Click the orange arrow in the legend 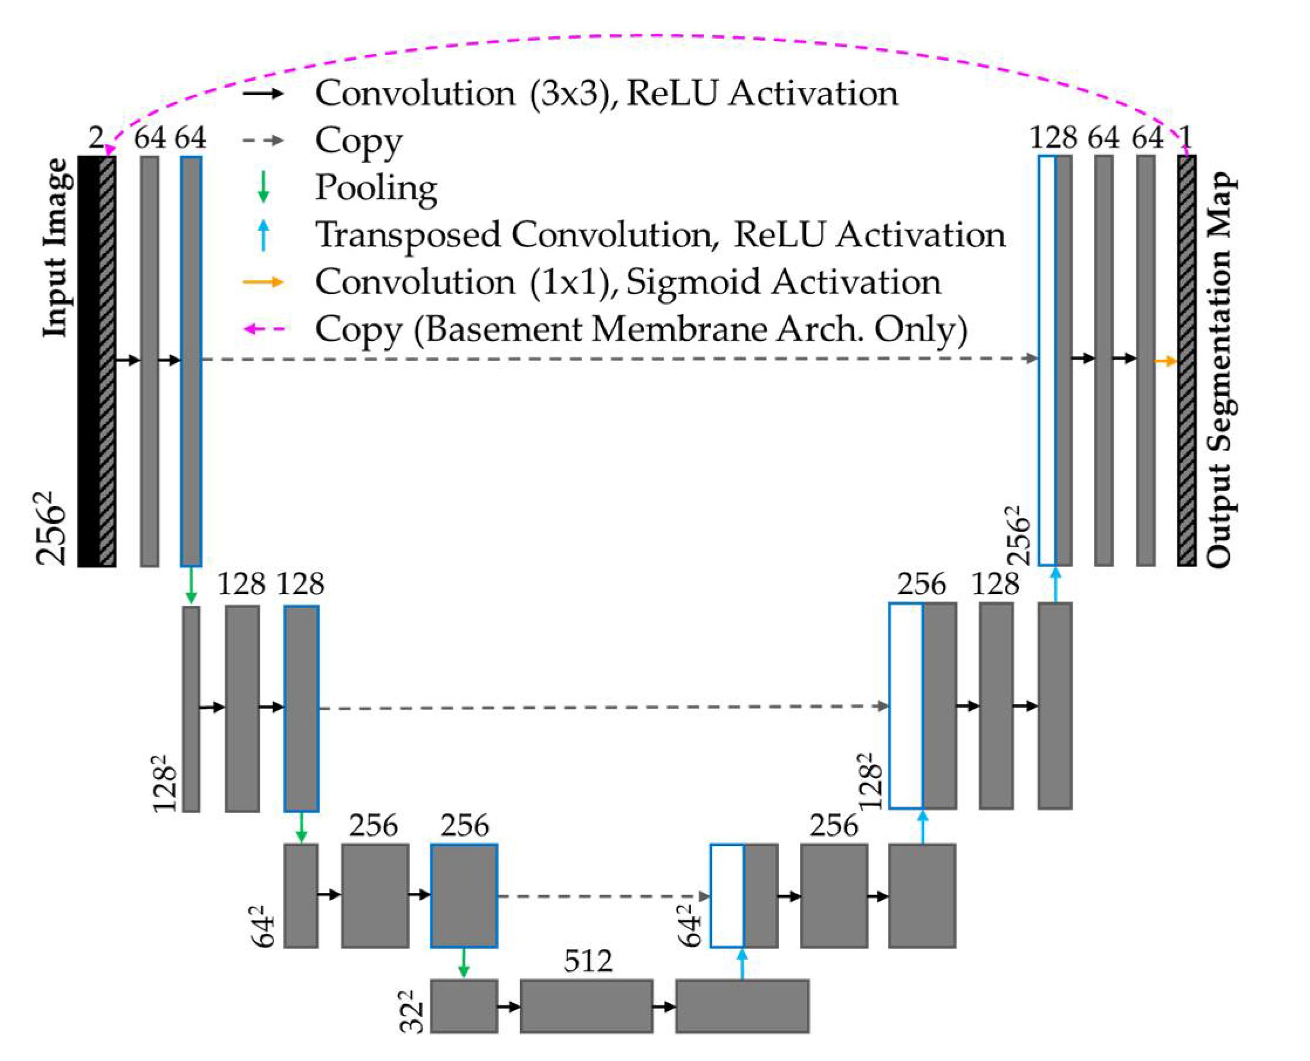263,282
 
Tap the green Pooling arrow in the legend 264,186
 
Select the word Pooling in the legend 376,187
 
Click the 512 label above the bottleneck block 587,961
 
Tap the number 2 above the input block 97,138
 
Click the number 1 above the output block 1185,138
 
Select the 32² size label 412,1012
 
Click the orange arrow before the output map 1165,361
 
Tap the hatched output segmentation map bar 1186,360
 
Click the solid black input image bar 88,360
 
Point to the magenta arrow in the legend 264,329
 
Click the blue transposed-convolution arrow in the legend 264,235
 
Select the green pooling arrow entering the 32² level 464,963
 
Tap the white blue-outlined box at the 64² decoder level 727,896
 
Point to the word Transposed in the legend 407,236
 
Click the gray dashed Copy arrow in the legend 263,140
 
